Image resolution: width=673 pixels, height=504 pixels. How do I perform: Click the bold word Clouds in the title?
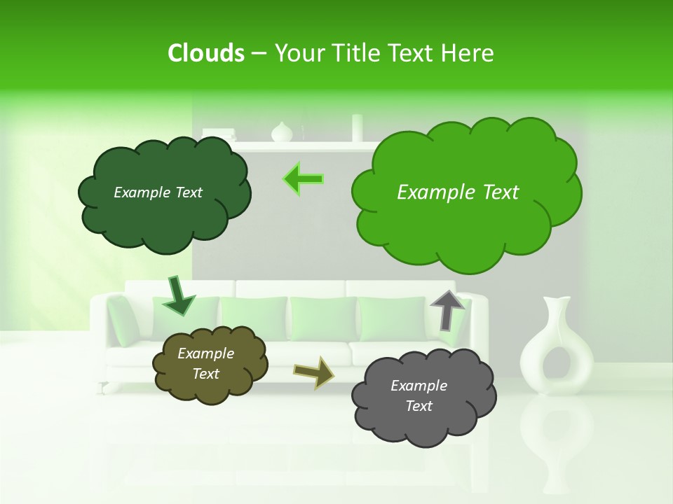(x=205, y=53)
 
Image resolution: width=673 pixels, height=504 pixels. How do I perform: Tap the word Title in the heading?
(x=357, y=53)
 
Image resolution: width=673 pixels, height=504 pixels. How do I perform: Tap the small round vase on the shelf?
(x=281, y=132)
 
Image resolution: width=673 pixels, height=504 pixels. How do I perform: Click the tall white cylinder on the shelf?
(x=357, y=128)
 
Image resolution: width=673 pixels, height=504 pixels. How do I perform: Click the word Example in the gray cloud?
(x=419, y=386)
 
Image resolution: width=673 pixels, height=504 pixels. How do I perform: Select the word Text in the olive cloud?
(x=205, y=374)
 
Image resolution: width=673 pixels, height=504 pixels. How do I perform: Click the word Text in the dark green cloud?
(x=187, y=192)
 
